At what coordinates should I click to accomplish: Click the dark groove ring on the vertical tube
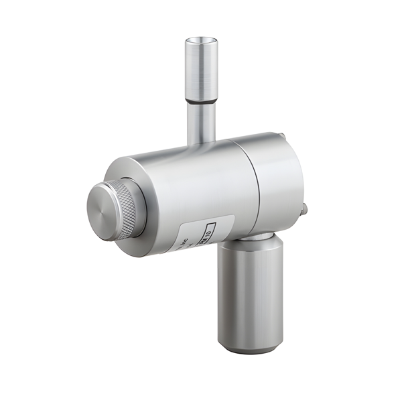pos(201,101)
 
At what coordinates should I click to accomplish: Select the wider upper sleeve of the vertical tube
pos(201,70)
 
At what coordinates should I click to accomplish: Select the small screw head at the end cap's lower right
pos(304,210)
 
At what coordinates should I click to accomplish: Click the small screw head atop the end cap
pos(282,137)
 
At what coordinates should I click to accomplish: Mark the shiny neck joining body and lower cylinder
pos(256,236)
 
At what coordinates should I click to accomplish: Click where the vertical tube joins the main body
pos(201,142)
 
